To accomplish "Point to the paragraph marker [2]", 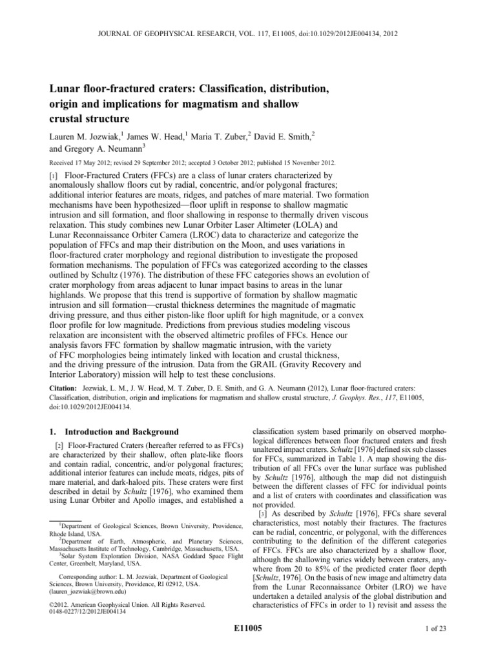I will [x=56, y=445].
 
